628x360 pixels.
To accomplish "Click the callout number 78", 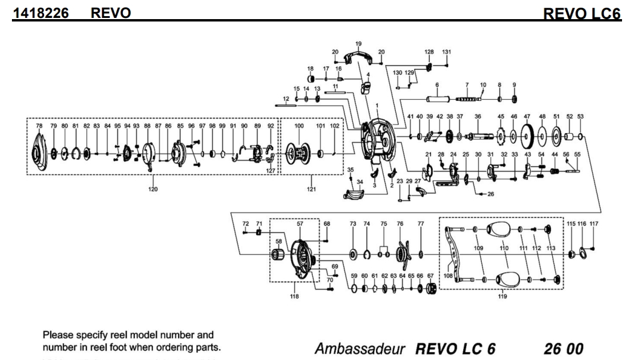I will coord(39,126).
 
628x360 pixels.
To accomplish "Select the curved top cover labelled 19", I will coord(358,60).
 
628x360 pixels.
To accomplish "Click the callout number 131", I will coord(447,52).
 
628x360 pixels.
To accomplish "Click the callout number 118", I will coord(294,295).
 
